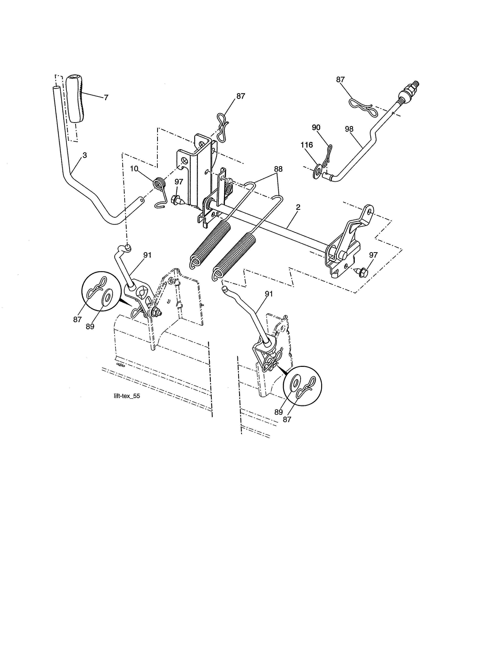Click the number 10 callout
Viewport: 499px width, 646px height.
(x=134, y=169)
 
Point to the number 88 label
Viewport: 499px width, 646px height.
(x=278, y=169)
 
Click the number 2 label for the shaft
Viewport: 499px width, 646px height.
(x=298, y=207)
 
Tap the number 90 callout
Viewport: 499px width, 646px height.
(x=316, y=127)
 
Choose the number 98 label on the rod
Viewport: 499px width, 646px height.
(x=349, y=129)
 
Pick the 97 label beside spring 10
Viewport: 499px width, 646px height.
(x=178, y=182)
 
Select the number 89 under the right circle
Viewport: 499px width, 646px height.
(x=278, y=412)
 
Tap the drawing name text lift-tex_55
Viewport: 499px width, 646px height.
(x=127, y=396)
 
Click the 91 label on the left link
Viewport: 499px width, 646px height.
(x=147, y=255)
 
